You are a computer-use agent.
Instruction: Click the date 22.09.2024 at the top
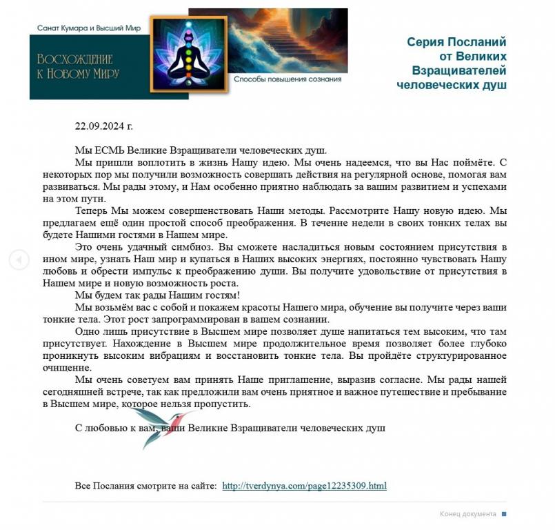pyautogui.click(x=103, y=126)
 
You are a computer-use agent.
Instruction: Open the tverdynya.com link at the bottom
pyautogui.click(x=304, y=486)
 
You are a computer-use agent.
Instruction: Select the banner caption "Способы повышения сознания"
pyautogui.click(x=287, y=79)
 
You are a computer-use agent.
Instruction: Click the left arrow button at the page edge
pyautogui.click(x=19, y=259)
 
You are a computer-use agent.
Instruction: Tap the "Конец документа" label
pyautogui.click(x=467, y=514)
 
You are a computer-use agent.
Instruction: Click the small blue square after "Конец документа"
pyautogui.click(x=504, y=514)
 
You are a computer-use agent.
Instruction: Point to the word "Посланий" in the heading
pyautogui.click(x=476, y=41)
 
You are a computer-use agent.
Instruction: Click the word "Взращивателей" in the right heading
pyautogui.click(x=458, y=70)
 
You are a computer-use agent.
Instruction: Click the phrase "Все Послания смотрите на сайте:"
pyautogui.click(x=145, y=486)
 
